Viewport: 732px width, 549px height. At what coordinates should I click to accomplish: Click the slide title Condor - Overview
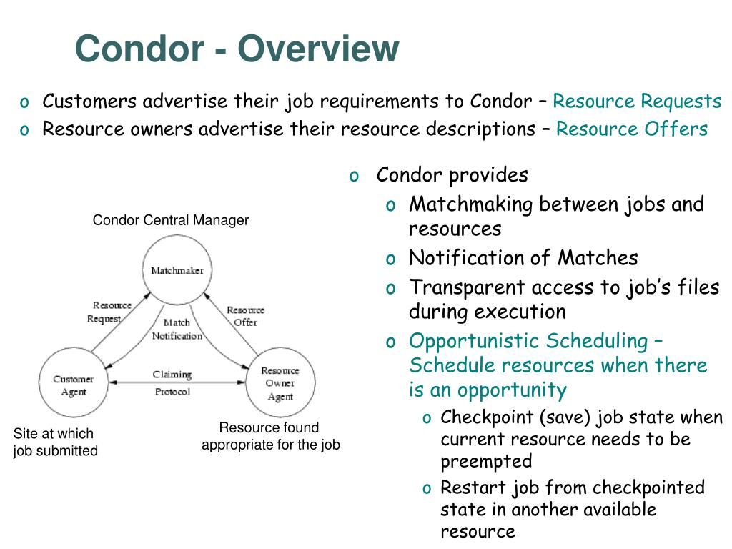click(x=237, y=49)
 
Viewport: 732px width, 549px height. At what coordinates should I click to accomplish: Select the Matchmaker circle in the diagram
click(x=177, y=271)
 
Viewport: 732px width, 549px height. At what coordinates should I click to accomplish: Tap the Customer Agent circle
click(x=73, y=385)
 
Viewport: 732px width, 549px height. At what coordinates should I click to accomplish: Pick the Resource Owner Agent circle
click(x=280, y=384)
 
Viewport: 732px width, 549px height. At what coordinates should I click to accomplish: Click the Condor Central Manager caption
click(x=171, y=220)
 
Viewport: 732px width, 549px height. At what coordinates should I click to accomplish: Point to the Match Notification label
click(x=177, y=330)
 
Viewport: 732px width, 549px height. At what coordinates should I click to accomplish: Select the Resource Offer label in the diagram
click(x=245, y=316)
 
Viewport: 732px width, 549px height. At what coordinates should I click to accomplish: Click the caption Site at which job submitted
click(x=55, y=442)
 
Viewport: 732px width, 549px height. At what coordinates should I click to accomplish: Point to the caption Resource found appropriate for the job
click(x=270, y=436)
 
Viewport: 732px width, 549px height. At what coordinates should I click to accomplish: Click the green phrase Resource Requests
click(x=637, y=102)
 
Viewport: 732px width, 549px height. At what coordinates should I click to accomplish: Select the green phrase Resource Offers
click(x=631, y=129)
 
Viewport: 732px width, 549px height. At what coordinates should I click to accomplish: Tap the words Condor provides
click(x=452, y=175)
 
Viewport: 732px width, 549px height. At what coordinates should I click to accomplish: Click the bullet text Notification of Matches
click(x=523, y=258)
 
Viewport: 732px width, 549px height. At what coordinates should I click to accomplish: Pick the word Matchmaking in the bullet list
click(x=471, y=204)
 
